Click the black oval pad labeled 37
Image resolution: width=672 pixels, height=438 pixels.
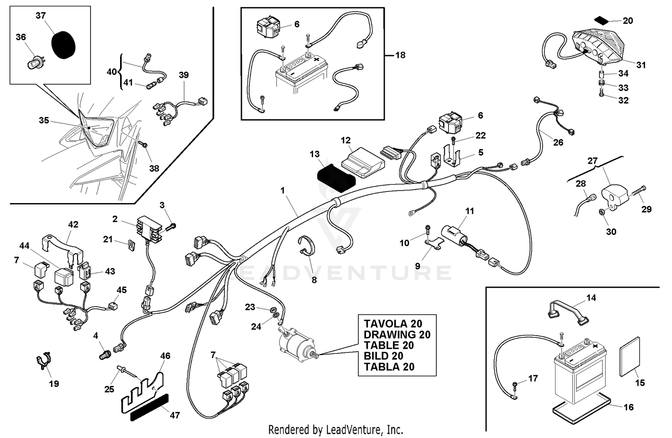click(63, 44)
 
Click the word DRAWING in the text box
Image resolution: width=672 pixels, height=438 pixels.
click(383, 334)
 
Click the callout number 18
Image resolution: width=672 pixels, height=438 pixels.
click(400, 55)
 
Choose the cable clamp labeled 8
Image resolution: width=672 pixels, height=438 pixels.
click(306, 247)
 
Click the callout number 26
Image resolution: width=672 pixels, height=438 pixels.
click(558, 143)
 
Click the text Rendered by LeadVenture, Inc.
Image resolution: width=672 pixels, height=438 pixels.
click(336, 429)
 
